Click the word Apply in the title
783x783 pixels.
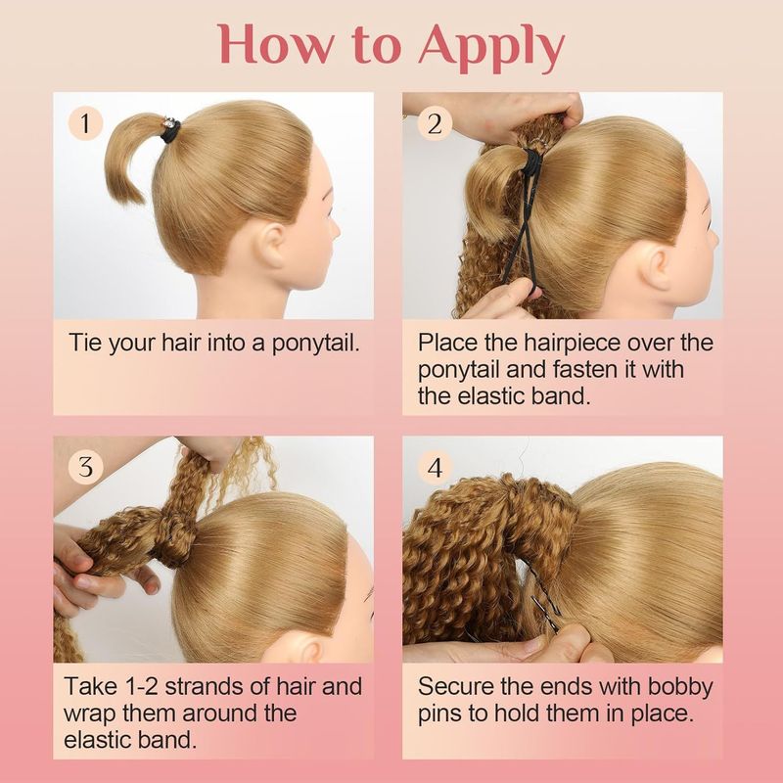coord(491,47)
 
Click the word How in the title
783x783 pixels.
coord(274,44)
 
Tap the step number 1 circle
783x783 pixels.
coord(85,123)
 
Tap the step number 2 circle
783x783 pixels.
coord(435,123)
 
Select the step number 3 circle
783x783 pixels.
coord(85,468)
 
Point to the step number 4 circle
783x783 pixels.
coord(435,468)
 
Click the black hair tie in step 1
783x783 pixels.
coord(170,131)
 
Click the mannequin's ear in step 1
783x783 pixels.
coord(273,246)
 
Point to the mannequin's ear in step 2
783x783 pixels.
coord(657,264)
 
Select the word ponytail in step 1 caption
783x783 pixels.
coord(315,344)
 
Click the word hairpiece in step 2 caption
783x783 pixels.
coord(573,344)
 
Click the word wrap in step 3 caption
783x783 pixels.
coord(90,714)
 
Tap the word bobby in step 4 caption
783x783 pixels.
coord(680,687)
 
